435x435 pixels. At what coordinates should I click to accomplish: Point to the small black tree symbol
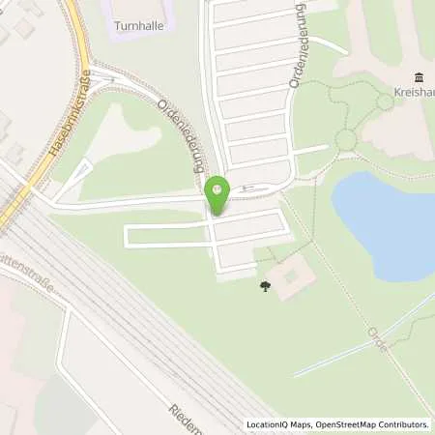click(x=265, y=286)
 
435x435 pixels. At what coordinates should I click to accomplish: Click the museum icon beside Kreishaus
click(x=420, y=77)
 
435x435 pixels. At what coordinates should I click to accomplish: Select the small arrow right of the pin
click(x=246, y=188)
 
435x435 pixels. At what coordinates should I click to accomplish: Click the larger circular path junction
click(x=345, y=140)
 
